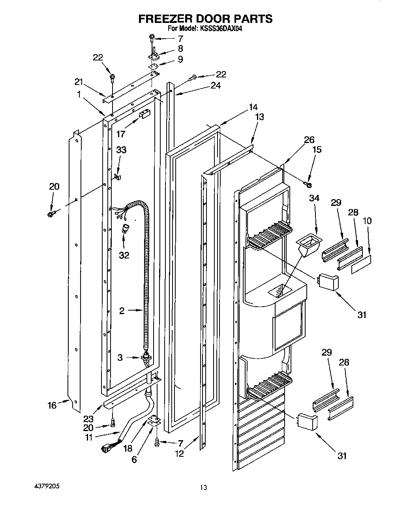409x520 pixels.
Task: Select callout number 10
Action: coord(367,221)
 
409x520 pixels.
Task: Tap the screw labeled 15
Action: coord(308,184)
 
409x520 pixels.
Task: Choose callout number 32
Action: coord(124,255)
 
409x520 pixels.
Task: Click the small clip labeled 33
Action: coord(117,176)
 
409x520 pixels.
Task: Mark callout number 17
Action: coord(121,134)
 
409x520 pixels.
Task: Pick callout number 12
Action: coord(180,454)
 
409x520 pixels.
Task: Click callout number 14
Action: coord(253,107)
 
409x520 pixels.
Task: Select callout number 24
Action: coord(216,85)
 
